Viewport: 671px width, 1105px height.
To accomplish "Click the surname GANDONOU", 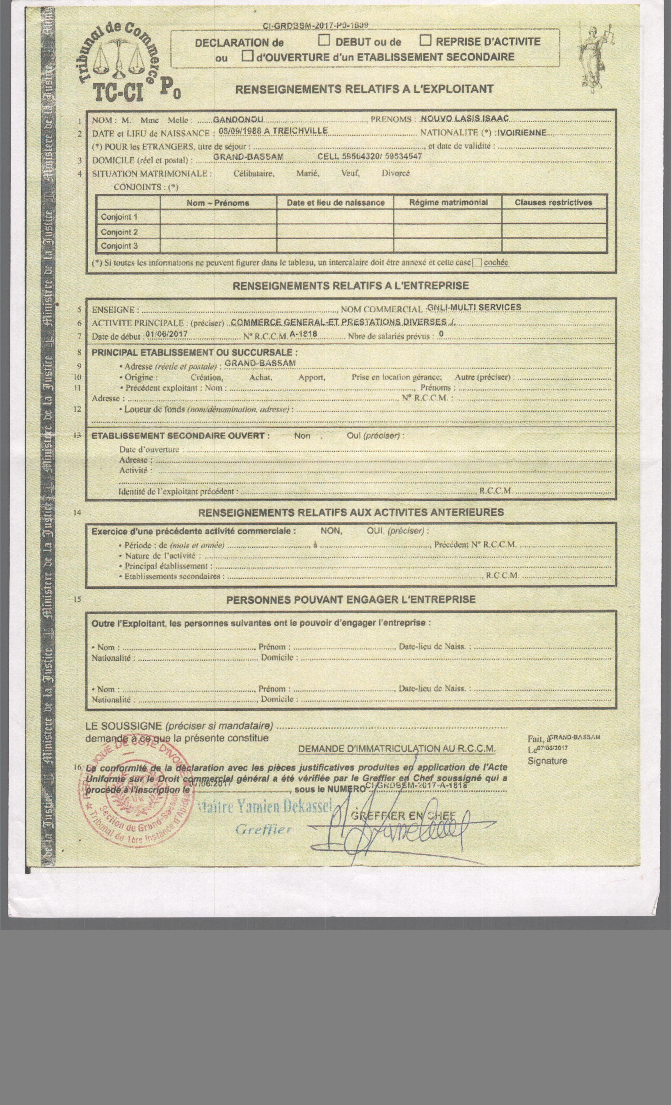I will pos(238,119).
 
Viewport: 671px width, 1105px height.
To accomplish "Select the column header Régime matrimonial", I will pos(448,202).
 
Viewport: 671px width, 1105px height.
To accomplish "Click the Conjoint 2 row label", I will pos(119,232).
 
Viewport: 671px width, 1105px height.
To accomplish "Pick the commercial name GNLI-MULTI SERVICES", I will pos(474,307).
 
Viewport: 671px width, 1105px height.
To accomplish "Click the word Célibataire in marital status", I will pos(253,174).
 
